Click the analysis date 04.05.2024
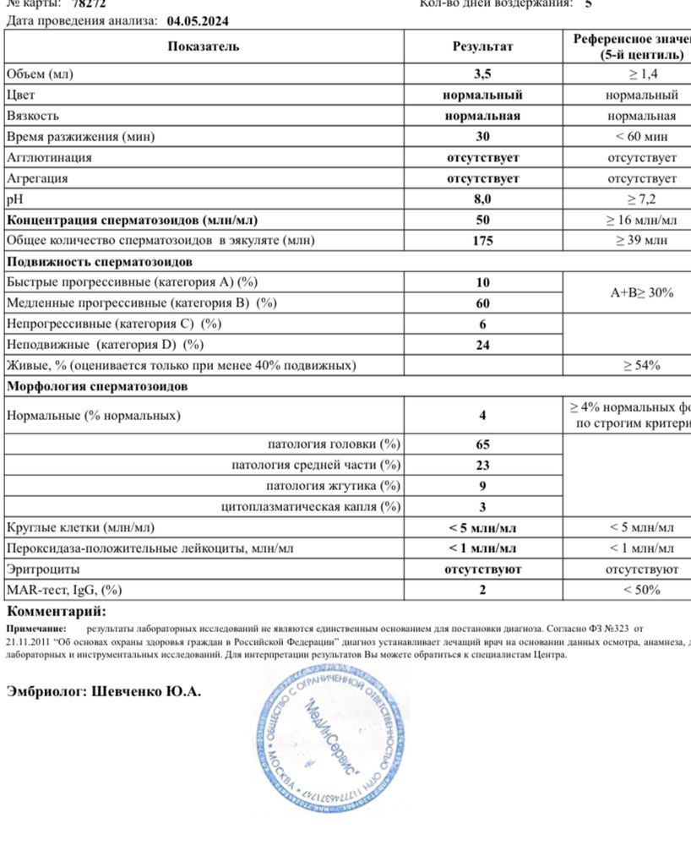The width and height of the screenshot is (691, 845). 199,20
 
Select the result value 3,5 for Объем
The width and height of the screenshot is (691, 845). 482,74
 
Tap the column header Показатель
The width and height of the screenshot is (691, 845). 203,46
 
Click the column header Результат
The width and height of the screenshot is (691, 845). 482,46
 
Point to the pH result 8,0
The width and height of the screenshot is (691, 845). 482,199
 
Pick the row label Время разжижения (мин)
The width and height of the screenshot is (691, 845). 81,137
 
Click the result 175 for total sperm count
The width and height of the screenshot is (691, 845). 482,241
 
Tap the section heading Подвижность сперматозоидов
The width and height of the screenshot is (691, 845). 99,262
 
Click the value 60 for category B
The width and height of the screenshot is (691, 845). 482,303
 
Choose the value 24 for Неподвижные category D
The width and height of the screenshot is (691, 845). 482,345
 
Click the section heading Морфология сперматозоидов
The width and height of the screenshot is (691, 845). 97,386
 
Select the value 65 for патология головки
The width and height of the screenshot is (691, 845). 482,444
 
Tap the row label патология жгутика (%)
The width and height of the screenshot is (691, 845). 333,486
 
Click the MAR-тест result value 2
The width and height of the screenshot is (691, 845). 482,590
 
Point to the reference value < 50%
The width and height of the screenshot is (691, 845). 641,590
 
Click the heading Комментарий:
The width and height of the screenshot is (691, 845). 57,611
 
